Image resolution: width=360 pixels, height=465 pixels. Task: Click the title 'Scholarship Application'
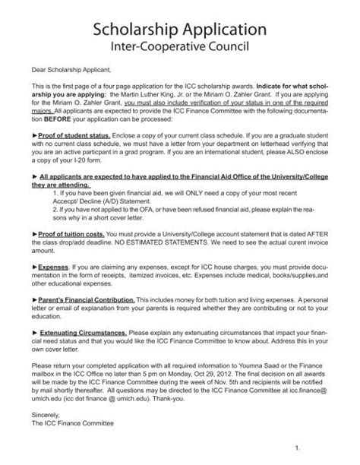(x=179, y=30)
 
